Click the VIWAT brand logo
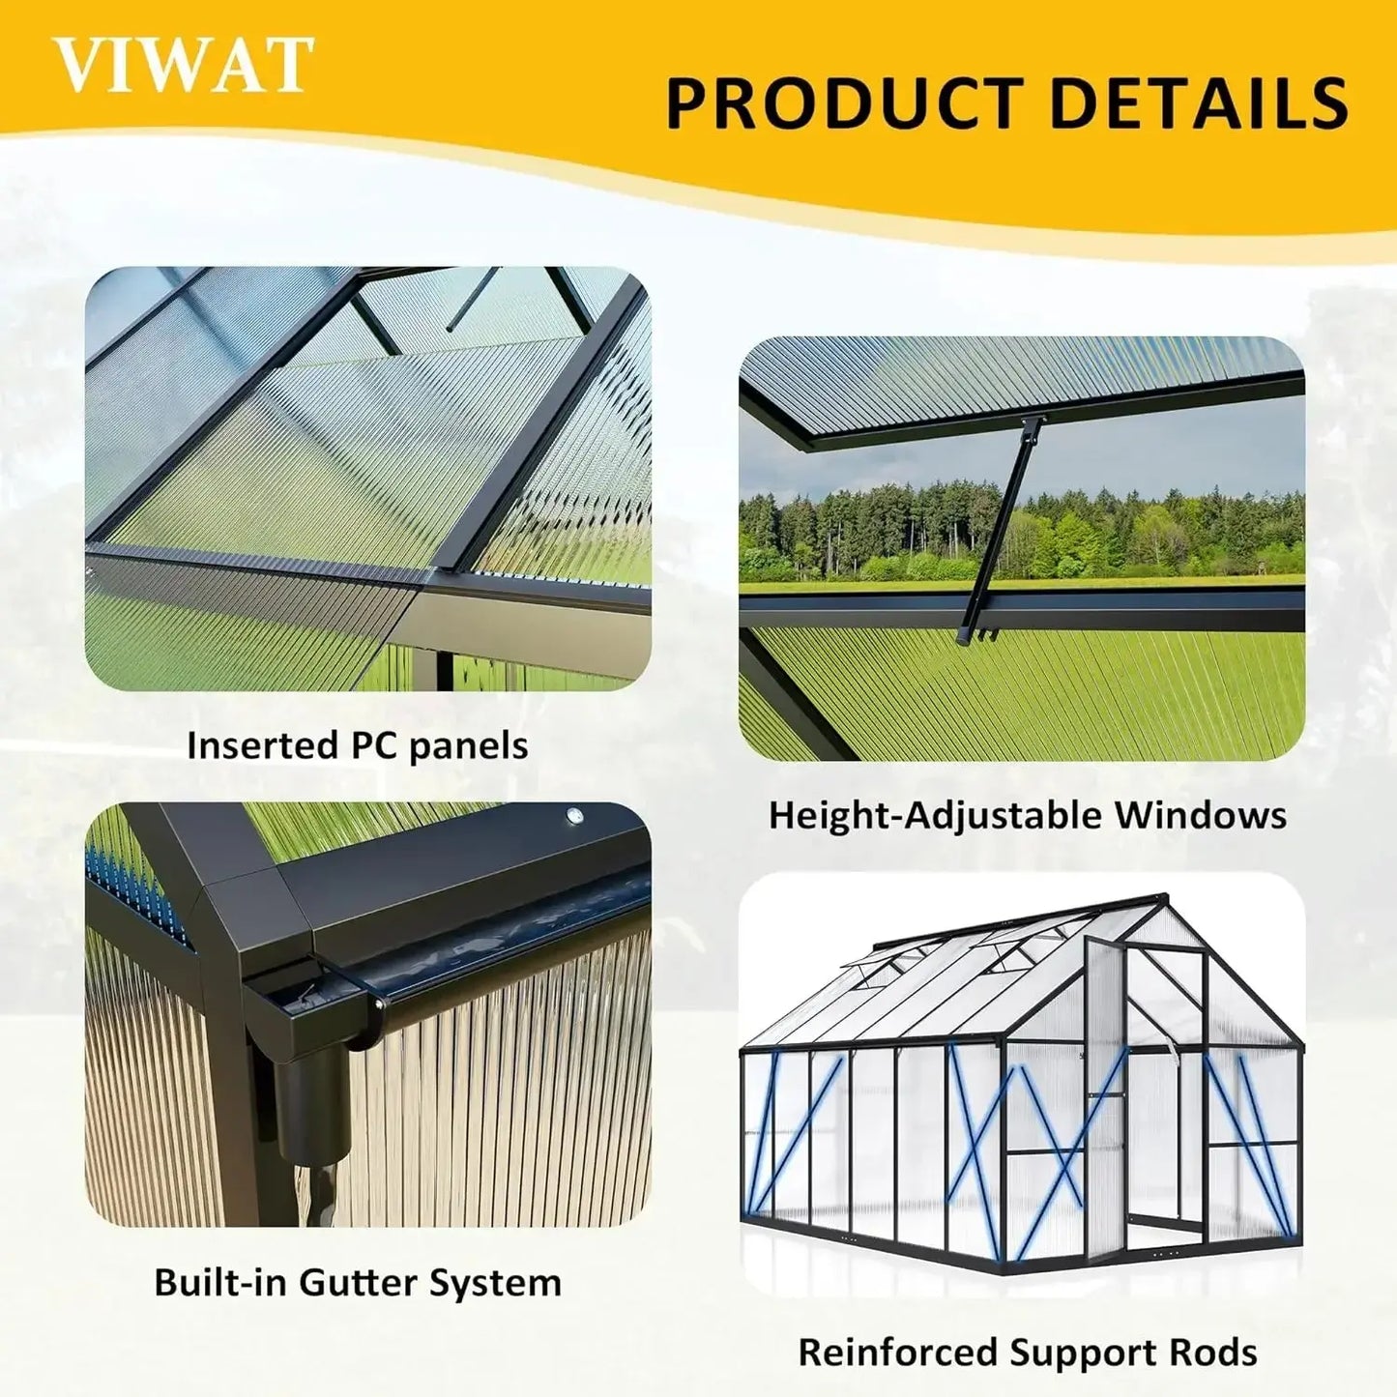tap(184, 65)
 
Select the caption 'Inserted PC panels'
tap(358, 745)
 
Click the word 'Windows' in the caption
tap(1201, 815)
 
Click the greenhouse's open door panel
tap(1103, 1073)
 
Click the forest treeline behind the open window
tap(1022, 533)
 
